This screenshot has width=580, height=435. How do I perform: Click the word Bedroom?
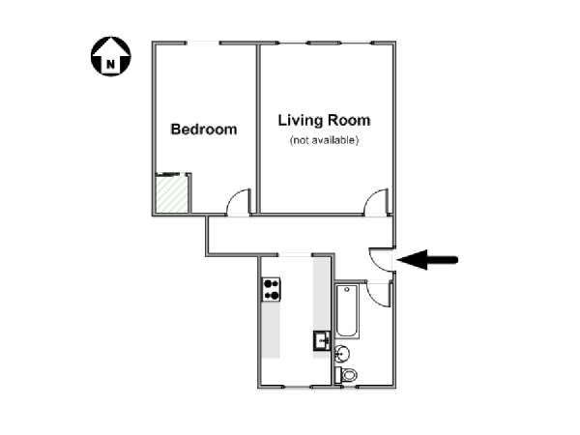tap(204, 130)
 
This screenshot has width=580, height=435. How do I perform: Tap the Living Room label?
tap(324, 120)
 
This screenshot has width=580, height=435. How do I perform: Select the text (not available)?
tap(324, 140)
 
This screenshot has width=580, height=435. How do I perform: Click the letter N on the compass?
tap(110, 65)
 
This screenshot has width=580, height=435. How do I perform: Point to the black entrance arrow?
tap(427, 260)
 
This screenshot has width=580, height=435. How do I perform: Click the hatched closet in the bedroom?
tap(172, 194)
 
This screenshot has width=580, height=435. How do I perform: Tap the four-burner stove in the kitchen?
tap(272, 290)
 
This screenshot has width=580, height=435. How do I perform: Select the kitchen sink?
tap(322, 340)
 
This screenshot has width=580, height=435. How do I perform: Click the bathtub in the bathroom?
tap(347, 311)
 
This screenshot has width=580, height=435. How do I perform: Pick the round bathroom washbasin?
tap(342, 354)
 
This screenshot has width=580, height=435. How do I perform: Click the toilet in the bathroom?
tap(346, 375)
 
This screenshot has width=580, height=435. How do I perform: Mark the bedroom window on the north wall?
tap(203, 43)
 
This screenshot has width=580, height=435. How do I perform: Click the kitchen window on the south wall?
tap(298, 387)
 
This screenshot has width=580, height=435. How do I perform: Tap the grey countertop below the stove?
tap(271, 330)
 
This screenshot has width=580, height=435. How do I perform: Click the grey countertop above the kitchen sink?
tap(322, 294)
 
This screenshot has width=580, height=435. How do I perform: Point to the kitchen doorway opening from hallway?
tap(295, 255)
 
